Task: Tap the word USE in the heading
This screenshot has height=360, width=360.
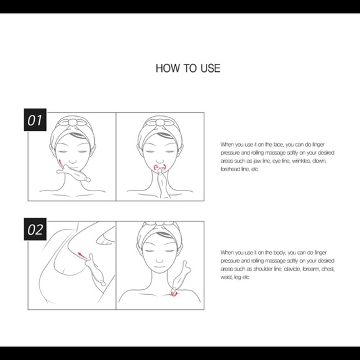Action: pos(209,68)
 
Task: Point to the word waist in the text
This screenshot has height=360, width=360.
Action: pos(228,277)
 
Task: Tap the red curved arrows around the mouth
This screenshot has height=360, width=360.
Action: pos(160,169)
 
